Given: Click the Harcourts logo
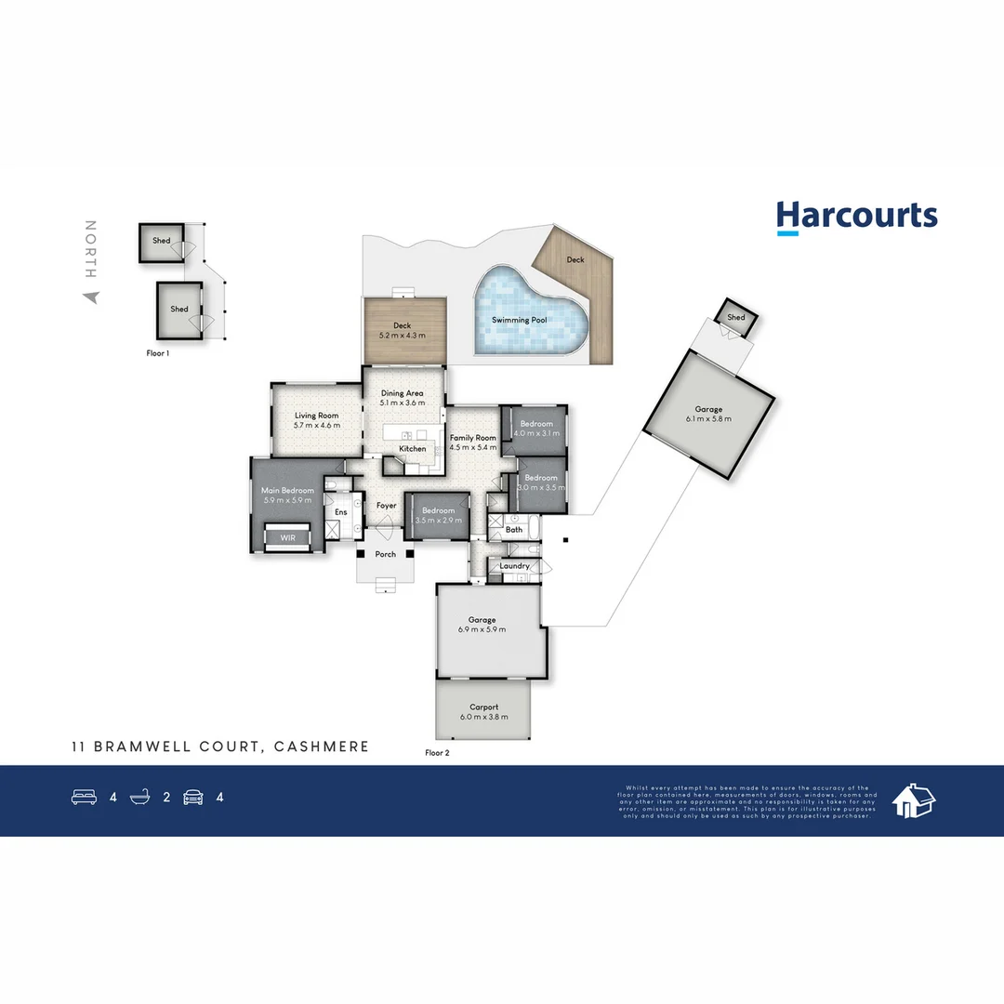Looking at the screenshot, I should click(x=856, y=216).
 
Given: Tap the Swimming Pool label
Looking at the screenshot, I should click(x=519, y=320).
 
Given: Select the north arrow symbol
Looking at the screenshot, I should click(x=90, y=297).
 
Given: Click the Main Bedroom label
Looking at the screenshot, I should click(x=287, y=490).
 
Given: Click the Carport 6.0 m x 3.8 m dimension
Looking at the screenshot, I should click(x=484, y=718).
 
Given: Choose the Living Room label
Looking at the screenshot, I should click(x=316, y=416).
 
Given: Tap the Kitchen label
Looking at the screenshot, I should click(x=413, y=449).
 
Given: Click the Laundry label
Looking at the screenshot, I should click(x=514, y=566).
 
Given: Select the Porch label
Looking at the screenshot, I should click(x=385, y=554).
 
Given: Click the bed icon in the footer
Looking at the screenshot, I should click(x=84, y=797).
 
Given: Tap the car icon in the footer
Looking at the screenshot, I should click(x=193, y=797).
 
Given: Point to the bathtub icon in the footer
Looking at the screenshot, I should click(x=140, y=797).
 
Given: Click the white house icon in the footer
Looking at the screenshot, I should click(x=913, y=799).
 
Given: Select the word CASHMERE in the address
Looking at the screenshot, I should click(x=323, y=746).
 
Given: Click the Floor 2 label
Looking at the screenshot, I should click(x=437, y=753).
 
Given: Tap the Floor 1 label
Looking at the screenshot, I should click(x=158, y=353).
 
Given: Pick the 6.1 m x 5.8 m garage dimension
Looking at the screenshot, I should click(x=708, y=419).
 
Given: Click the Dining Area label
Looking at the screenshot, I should click(x=403, y=393).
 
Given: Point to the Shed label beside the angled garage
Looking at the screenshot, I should click(x=736, y=318).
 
